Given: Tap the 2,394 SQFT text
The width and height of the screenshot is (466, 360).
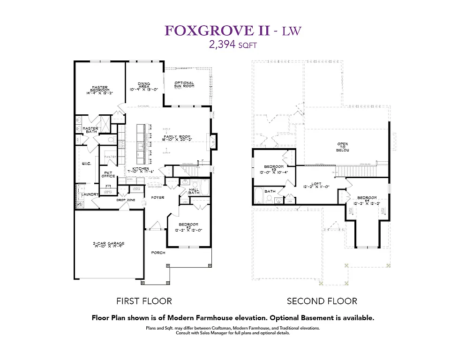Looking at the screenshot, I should point(233,45).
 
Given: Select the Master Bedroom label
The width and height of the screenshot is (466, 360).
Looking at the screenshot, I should point(99,90).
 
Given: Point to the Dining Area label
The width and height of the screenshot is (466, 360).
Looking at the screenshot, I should point(144,86).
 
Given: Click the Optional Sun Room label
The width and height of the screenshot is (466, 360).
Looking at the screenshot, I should point(184,85).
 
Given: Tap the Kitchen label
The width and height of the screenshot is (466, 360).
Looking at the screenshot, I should point(141,170).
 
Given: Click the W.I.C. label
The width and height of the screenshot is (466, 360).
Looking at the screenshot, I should point(86,164).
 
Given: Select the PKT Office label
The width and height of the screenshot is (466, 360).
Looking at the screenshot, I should point(108,174).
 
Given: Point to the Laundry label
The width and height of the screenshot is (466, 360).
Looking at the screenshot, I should point(90,194).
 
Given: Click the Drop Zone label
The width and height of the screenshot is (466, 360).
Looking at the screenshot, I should point(126,200).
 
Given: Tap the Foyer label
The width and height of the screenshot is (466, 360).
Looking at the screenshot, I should point(158,197).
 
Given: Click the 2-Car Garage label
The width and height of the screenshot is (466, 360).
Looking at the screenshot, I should point(108,245).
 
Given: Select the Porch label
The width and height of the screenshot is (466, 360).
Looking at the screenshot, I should point(158,253).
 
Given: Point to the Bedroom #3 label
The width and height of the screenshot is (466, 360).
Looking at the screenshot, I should point(273,169).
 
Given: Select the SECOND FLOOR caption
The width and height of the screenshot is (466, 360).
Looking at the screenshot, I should point(322,301).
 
